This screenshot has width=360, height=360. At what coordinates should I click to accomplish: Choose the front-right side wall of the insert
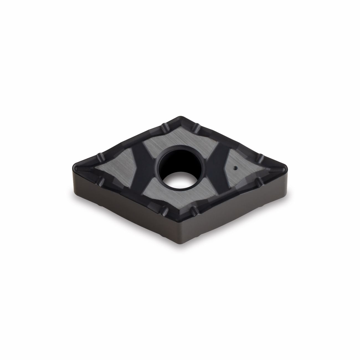pyautogui.click(x=235, y=210)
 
